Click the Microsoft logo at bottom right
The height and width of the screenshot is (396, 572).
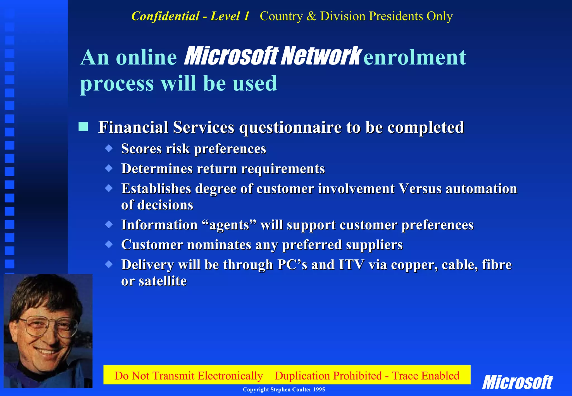[x=517, y=382]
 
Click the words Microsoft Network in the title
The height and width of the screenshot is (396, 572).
[x=272, y=56]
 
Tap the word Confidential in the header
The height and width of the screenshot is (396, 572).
[x=165, y=16]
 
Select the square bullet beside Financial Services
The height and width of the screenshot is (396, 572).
[x=83, y=127]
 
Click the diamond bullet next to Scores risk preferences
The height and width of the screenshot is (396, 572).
[x=109, y=148]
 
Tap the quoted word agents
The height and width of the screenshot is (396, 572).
[x=229, y=225]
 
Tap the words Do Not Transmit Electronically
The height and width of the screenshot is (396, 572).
[x=189, y=376]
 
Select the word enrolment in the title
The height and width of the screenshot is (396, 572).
[x=415, y=57]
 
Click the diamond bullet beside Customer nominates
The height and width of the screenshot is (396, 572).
[x=109, y=244]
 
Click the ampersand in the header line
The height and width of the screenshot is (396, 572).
[x=311, y=16]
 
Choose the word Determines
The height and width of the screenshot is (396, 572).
[x=157, y=169]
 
